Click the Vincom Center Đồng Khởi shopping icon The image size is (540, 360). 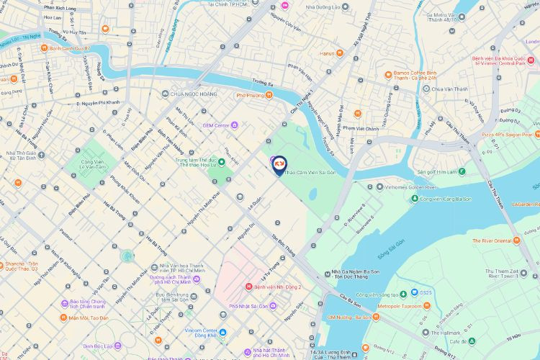pyautogui.click(x=222, y=332)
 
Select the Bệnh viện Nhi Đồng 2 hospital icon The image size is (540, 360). pyautogui.click(x=248, y=287)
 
